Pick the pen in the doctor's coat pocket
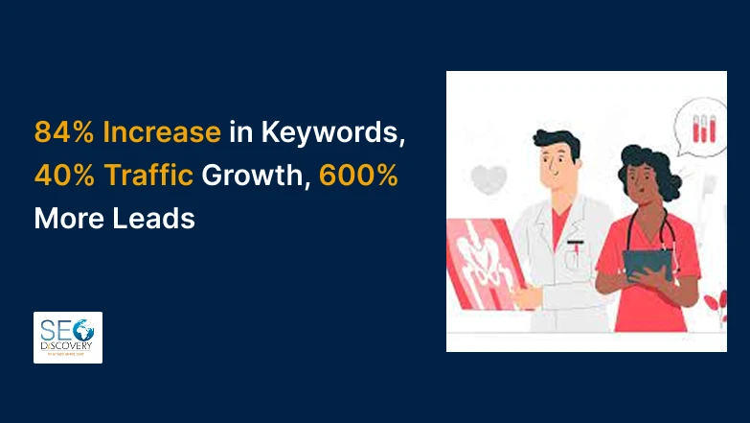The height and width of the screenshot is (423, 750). point(575,252)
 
